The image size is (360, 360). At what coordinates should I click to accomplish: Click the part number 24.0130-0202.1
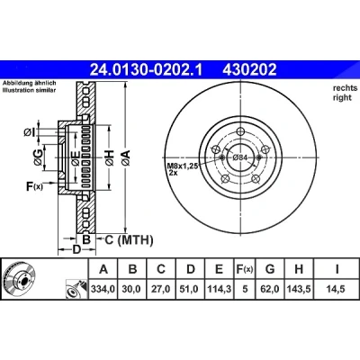coord(147,70)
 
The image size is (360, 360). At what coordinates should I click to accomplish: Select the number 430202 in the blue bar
coord(249,70)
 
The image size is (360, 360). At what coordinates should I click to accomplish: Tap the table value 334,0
coord(103,289)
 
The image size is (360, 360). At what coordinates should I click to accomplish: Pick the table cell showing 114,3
coord(219,289)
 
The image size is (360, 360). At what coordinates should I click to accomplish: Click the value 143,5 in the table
coord(299,289)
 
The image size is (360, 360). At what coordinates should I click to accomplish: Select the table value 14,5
coord(337,289)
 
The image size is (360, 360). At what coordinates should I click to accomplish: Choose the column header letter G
coord(270,269)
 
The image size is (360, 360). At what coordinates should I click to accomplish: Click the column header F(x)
coord(245,269)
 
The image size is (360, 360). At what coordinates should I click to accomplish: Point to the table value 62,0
coord(270,289)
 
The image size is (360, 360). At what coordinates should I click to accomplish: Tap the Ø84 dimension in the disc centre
coord(240,157)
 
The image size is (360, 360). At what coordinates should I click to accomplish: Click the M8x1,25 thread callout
coord(183,166)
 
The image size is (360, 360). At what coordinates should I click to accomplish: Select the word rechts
coord(345,88)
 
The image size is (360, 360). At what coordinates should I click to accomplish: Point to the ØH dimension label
coord(110,157)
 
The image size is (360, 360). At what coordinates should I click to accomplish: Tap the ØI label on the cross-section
coord(30,131)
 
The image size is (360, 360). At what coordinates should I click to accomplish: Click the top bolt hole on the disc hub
coord(240,131)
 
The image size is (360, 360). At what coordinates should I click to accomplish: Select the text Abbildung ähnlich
coord(30,83)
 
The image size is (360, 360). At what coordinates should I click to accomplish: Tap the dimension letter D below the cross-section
coord(77,249)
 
